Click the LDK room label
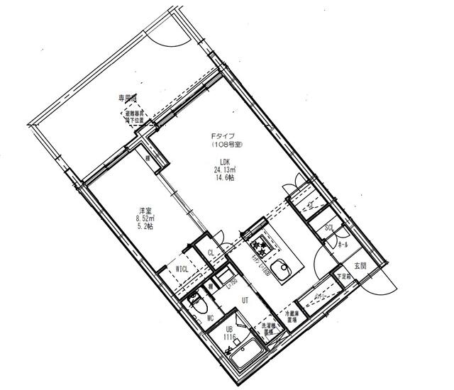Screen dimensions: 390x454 223,162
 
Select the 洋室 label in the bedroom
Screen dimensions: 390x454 145,211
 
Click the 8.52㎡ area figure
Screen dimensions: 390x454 145,219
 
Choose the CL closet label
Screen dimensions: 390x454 211,253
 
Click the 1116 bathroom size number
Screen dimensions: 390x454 230,339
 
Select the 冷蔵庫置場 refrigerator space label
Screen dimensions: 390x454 292,316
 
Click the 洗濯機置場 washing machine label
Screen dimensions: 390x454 268,328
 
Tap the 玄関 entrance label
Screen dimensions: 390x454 360,266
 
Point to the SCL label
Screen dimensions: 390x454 329,228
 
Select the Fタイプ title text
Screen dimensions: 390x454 220,136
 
